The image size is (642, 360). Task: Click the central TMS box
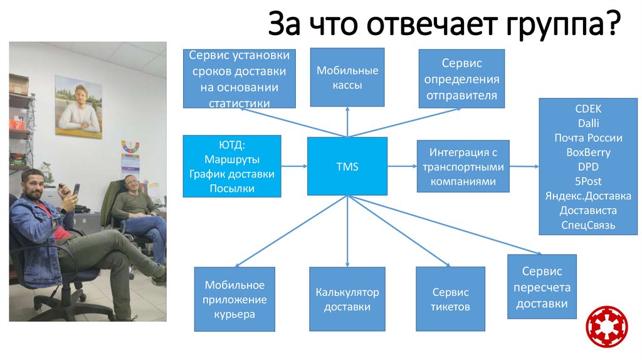(347, 166)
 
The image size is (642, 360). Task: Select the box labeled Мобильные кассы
(347, 77)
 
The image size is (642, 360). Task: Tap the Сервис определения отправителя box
(461, 80)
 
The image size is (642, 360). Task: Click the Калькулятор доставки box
(347, 299)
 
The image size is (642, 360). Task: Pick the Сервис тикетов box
(450, 299)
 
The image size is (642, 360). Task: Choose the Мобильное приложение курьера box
(234, 299)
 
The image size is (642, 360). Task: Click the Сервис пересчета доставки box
(542, 287)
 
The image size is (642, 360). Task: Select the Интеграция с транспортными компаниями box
(463, 166)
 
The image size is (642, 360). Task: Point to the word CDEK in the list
(587, 109)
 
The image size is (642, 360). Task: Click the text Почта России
(587, 138)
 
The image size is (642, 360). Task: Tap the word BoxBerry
(587, 152)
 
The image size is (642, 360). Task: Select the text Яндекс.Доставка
(587, 196)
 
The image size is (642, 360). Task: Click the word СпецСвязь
(587, 225)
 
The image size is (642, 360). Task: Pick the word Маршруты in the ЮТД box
(231, 159)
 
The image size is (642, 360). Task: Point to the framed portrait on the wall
(78, 107)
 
